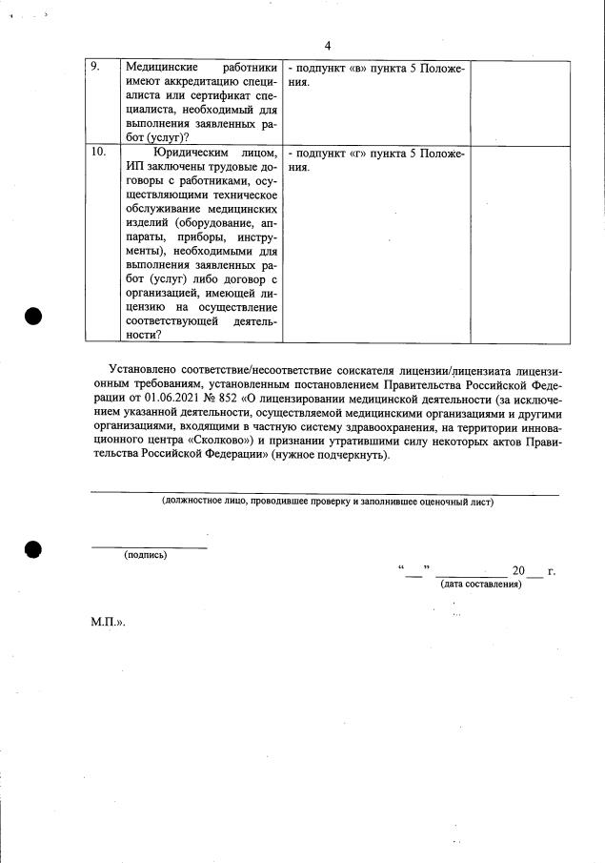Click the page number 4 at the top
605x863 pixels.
[x=327, y=46]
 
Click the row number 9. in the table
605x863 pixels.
[x=95, y=68]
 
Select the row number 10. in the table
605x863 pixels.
[x=98, y=153]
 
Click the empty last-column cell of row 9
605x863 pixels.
[x=520, y=102]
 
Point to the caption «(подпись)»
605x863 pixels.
[x=145, y=555]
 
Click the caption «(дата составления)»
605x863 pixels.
[x=481, y=585]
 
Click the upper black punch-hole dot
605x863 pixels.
[x=35, y=317]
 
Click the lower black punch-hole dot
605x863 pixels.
[x=35, y=550]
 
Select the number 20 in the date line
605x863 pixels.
[x=518, y=571]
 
